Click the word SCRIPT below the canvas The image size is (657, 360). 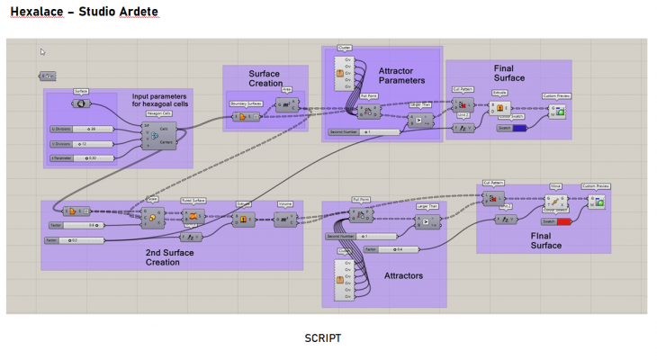(323, 337)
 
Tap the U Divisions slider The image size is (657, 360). (81, 130)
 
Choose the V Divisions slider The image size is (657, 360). (81, 144)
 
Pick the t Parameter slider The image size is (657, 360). (81, 158)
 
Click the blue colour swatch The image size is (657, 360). (519, 128)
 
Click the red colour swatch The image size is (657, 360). (563, 221)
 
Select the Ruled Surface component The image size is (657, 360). (193, 217)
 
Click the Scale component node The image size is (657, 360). (151, 217)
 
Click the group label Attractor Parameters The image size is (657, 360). (402, 76)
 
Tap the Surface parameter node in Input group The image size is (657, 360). (82, 103)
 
